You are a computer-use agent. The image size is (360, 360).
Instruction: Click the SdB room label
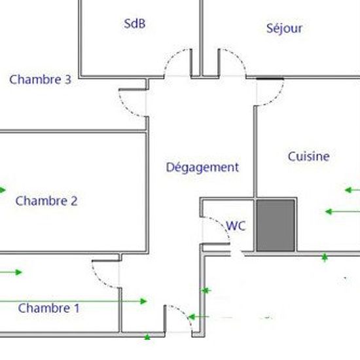pyautogui.click(x=135, y=24)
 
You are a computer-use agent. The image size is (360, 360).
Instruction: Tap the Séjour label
pyautogui.click(x=284, y=28)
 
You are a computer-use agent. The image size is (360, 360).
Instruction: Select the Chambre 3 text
pyautogui.click(x=40, y=79)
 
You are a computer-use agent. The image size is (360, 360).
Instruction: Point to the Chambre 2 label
pyautogui.click(x=46, y=201)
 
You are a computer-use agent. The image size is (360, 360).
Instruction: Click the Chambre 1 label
pyautogui.click(x=48, y=308)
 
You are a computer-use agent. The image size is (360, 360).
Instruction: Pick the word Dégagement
pyautogui.click(x=202, y=168)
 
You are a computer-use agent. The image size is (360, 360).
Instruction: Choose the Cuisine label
pyautogui.click(x=308, y=156)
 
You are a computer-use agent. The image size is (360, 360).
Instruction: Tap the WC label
pyautogui.click(x=236, y=226)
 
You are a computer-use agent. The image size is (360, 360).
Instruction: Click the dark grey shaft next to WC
pyautogui.click(x=276, y=225)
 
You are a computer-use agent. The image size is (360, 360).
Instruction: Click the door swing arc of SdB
pyautogui.click(x=171, y=58)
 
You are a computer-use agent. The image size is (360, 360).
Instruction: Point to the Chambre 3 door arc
pyautogui.click(x=125, y=109)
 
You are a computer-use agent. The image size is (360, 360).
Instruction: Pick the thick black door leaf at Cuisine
pyautogui.click(x=270, y=79)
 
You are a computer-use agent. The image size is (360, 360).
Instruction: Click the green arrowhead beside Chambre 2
pyautogui.click(x=3, y=190)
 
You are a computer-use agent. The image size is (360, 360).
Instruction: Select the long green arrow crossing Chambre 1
pyautogui.click(x=73, y=301)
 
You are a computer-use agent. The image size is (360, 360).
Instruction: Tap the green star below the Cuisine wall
pyautogui.click(x=325, y=258)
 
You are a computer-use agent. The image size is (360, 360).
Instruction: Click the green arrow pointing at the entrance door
pyautogui.click(x=198, y=317)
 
